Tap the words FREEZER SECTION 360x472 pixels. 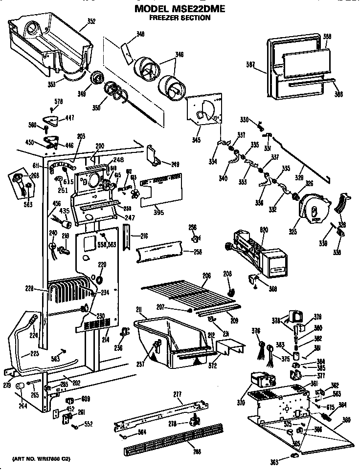coord(180,18)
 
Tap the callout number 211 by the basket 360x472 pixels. coord(139,309)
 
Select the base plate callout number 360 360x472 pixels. coord(347,420)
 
